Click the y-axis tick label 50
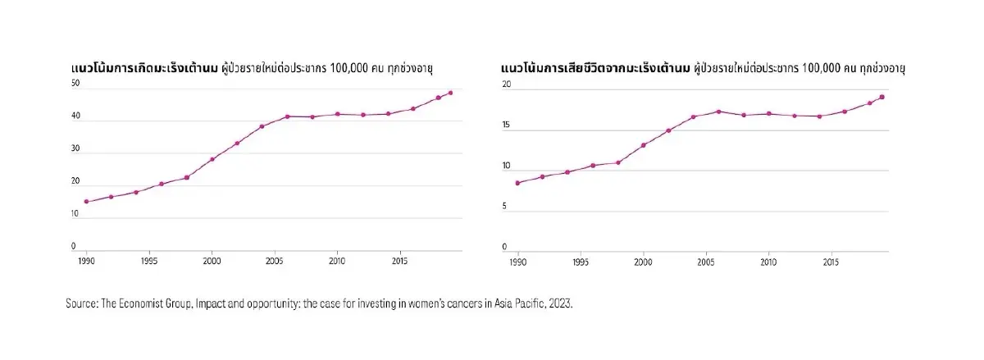[x=75, y=84]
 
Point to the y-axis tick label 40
[x=75, y=116]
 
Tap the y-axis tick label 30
[x=75, y=149]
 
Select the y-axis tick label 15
[x=506, y=125]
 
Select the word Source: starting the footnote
[x=81, y=303]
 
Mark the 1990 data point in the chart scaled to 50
[x=86, y=202]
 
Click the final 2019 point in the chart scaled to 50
[x=450, y=93]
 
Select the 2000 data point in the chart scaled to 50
[x=212, y=159]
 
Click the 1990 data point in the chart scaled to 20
[x=517, y=183]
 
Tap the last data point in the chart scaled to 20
[x=881, y=97]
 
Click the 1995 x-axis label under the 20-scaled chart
[x=581, y=263]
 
